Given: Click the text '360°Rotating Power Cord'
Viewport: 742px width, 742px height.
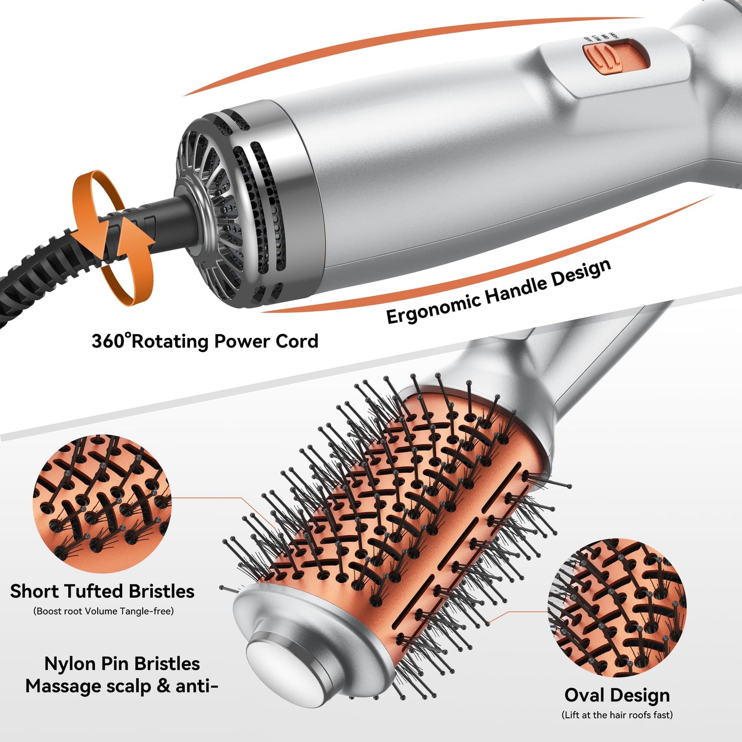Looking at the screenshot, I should (205, 341).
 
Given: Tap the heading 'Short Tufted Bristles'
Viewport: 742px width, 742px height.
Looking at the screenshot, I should (102, 591).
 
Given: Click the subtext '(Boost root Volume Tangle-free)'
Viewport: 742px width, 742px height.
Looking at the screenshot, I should (103, 611).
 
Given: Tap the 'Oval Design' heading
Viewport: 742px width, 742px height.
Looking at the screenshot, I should (617, 695).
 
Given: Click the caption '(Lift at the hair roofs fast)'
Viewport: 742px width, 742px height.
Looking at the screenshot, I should (617, 715).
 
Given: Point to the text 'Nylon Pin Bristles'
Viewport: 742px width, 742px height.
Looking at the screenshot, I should (122, 663).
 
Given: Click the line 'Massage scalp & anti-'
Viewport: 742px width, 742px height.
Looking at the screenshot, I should (122, 686).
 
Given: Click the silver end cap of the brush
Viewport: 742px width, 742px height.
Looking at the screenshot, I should (280, 647).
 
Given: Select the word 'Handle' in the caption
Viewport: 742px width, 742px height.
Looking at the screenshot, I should (515, 289).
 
